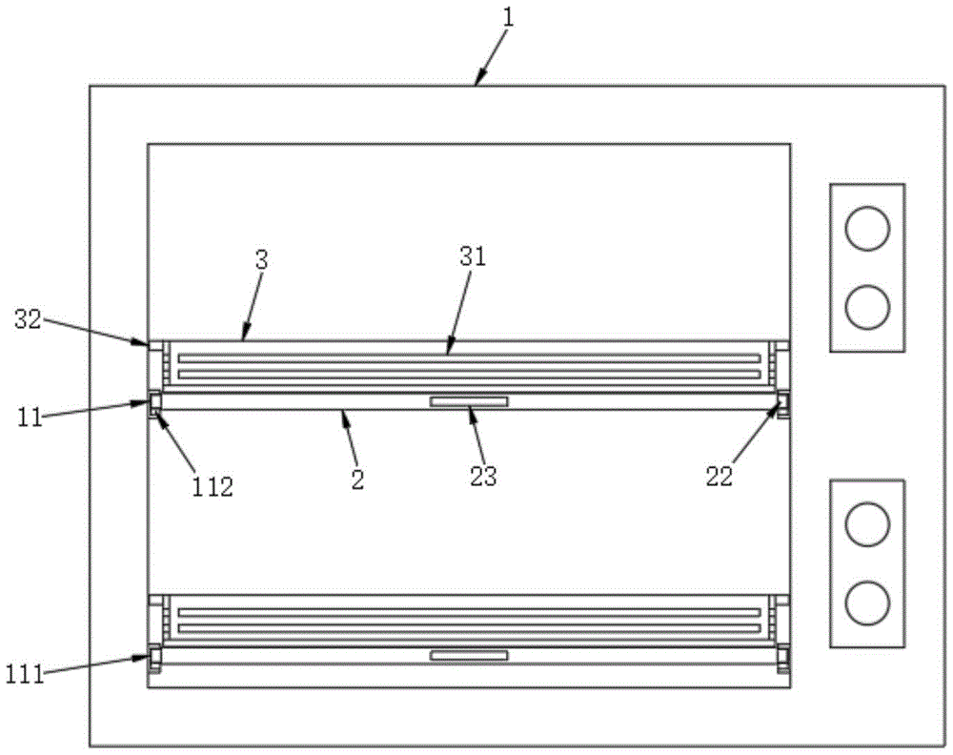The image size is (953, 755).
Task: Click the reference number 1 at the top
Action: (507, 16)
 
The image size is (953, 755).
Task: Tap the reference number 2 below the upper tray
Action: (356, 479)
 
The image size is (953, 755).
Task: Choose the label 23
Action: (483, 476)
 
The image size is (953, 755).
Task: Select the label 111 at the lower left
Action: (22, 675)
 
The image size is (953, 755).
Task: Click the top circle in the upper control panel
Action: (867, 229)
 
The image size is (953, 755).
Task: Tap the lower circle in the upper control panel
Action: (867, 307)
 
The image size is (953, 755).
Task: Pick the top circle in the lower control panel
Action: (867, 524)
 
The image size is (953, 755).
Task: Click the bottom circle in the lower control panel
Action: (867, 602)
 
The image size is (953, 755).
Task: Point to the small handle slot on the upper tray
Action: (468, 402)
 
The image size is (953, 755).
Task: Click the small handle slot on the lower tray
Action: (468, 655)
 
